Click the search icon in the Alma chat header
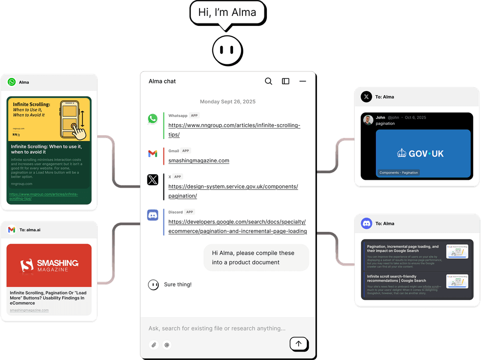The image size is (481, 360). tap(268, 81)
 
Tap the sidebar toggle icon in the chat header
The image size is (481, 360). tap(286, 81)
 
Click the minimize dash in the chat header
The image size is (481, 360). tap(303, 81)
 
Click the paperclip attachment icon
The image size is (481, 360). tap(154, 345)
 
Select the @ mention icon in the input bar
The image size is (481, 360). tap(166, 345)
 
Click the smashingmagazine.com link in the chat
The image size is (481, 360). tap(199, 161)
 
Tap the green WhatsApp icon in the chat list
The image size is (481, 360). tap(153, 119)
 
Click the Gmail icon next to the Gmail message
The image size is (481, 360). tap(153, 153)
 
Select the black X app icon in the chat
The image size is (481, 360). tap(153, 180)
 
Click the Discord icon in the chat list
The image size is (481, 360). tap(153, 215)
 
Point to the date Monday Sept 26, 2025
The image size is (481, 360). tap(227, 101)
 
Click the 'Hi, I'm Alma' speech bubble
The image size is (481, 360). tap(227, 13)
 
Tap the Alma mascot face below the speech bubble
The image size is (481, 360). tap(227, 50)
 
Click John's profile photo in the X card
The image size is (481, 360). tap(368, 120)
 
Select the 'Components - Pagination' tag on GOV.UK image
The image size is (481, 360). tap(398, 173)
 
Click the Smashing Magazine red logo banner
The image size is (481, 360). tap(49, 265)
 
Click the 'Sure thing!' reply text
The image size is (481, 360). tap(178, 284)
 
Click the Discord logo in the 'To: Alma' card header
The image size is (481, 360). tap(366, 223)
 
